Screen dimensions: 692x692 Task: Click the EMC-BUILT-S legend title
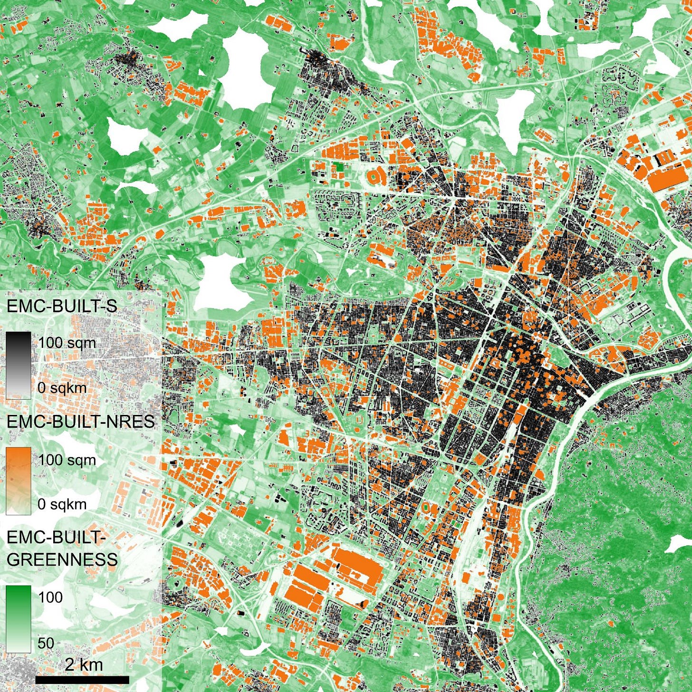61,306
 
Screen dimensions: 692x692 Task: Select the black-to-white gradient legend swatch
19,365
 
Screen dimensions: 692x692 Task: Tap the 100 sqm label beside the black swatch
67,343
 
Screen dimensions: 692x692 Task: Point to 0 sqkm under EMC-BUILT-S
62,387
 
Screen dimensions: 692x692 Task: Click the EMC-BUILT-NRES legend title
80,422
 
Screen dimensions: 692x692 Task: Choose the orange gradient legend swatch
19,481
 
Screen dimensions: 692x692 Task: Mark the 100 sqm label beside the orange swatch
67,460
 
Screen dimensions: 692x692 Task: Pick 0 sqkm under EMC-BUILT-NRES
62,504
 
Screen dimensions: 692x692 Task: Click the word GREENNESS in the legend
62,559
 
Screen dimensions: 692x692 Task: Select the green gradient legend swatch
19,619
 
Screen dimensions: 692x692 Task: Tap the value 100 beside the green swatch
50,597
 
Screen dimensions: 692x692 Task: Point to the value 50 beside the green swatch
46,643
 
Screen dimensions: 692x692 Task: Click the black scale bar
82,680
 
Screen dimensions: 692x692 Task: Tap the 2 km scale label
84,664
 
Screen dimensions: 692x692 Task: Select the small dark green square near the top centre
337,167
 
